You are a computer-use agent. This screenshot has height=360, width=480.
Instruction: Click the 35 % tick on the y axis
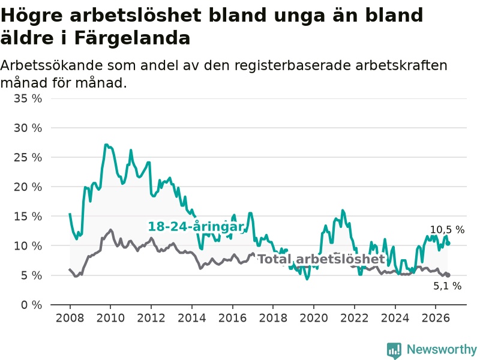(28, 98)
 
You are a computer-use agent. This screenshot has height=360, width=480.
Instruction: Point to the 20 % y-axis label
(28, 187)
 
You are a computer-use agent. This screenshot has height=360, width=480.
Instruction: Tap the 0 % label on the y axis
(32, 305)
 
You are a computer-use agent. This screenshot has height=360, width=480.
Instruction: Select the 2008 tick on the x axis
(70, 318)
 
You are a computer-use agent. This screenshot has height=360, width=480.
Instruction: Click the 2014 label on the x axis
(191, 318)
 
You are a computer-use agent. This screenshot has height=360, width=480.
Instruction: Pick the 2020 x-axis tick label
(314, 318)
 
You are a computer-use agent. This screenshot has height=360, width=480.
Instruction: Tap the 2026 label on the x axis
(436, 318)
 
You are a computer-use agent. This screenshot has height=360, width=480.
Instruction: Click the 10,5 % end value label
(447, 230)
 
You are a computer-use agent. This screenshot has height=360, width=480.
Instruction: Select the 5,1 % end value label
(447, 286)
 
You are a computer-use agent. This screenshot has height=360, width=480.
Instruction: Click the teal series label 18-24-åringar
(196, 227)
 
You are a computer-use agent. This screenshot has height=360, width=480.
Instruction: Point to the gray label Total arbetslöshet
(322, 259)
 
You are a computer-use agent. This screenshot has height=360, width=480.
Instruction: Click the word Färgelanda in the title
(132, 38)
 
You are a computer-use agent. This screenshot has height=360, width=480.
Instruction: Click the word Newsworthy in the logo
(442, 349)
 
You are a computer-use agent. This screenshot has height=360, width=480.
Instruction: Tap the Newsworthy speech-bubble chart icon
(394, 350)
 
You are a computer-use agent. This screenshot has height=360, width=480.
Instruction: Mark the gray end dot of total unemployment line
(448, 275)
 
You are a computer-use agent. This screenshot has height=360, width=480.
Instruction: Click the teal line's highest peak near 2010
(106, 145)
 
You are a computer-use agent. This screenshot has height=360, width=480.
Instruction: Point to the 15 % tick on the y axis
(28, 217)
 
